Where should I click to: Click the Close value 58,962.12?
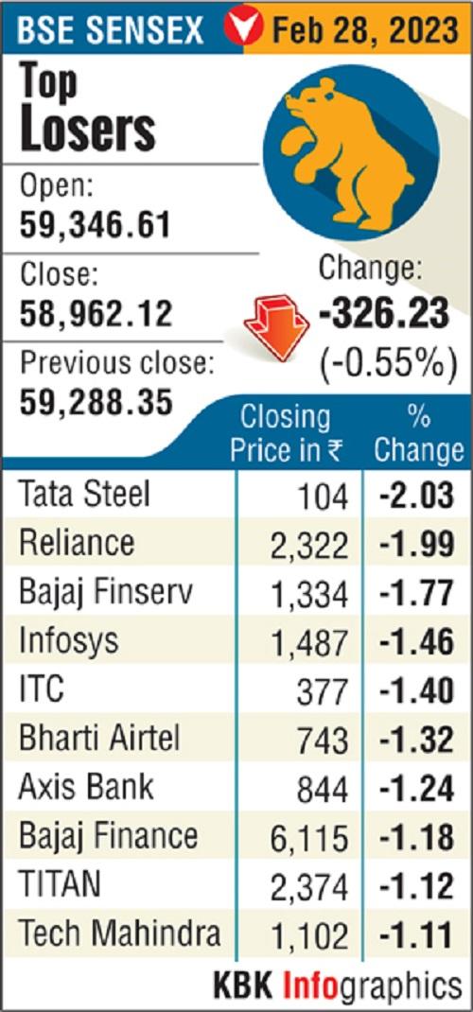coord(96,312)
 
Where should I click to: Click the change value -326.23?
coord(383,314)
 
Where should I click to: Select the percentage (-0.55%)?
coord(383,362)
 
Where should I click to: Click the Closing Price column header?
coord(286,433)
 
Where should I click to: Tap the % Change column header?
coord(417,433)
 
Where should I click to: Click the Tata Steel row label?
coord(85,495)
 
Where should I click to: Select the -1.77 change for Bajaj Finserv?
coord(416,594)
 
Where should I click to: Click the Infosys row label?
coord(69,641)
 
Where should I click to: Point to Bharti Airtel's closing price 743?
coord(324,740)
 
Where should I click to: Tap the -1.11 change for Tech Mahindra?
coord(416,934)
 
